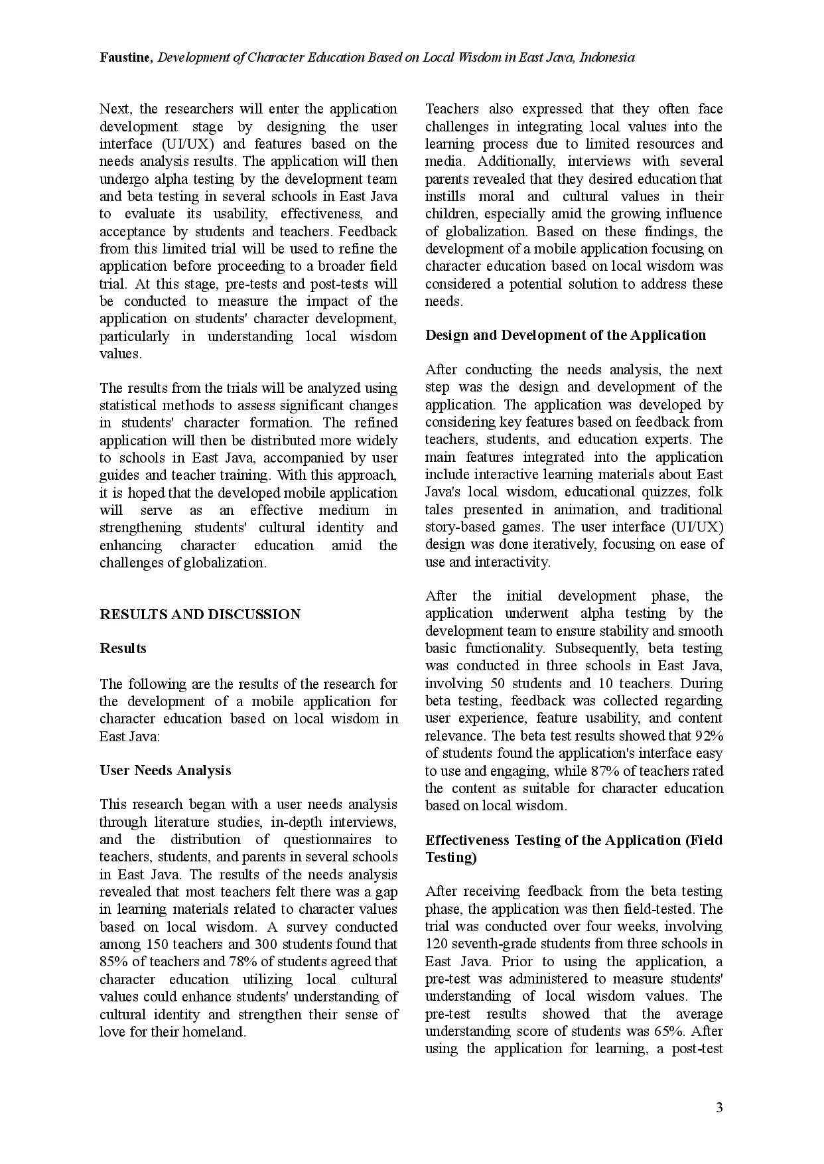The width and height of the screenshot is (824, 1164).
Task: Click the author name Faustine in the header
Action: [126, 58]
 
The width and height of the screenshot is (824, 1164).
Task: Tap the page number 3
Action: [719, 1108]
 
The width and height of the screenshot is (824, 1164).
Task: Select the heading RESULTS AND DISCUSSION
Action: [200, 615]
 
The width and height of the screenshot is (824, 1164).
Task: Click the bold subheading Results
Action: [123, 648]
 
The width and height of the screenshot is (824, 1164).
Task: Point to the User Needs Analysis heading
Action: [165, 770]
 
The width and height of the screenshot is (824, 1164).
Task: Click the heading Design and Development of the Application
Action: [565, 335]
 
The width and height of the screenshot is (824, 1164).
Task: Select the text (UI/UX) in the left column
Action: [186, 144]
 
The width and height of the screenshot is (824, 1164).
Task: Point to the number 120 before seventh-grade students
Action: [437, 944]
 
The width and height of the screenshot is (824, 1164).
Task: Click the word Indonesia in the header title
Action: [606, 58]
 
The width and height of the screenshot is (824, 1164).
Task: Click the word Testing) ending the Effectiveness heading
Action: [451, 857]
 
